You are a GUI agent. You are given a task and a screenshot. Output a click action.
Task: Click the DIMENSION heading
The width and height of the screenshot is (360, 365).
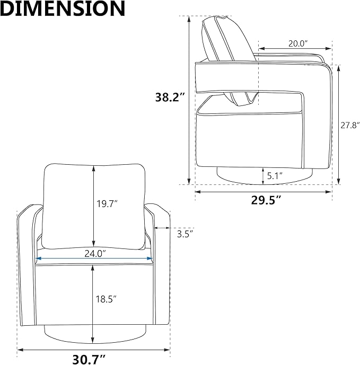click(63, 8)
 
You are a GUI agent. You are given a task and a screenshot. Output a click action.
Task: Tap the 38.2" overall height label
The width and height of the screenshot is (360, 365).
click(170, 97)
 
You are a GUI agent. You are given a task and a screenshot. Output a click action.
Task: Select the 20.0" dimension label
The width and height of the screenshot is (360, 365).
click(298, 43)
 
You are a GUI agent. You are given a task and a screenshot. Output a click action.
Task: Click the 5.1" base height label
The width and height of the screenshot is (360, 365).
click(275, 176)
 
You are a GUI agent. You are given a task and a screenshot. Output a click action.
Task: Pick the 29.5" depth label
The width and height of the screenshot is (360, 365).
click(266, 200)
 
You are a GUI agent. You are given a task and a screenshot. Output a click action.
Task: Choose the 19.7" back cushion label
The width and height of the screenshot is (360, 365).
click(107, 204)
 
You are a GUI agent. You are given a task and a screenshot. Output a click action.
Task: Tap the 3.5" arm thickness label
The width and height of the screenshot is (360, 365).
click(185, 234)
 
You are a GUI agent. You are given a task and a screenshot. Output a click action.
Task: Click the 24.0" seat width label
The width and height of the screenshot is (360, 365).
click(95, 254)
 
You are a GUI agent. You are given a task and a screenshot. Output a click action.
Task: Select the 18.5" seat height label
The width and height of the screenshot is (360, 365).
click(106, 299)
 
